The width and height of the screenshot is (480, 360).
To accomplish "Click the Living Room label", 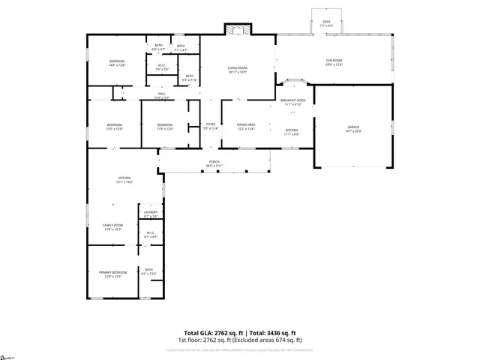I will [238, 69].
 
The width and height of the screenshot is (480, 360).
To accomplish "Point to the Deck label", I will [326, 22].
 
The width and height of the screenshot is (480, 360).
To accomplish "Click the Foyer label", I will [211, 124].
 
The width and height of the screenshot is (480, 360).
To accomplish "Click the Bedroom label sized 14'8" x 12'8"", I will [116, 61].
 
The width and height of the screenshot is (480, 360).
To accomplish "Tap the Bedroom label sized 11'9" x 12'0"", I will [164, 124].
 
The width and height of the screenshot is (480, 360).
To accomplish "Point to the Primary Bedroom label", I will [112, 272].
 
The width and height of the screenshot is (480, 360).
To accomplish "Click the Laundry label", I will [150, 213].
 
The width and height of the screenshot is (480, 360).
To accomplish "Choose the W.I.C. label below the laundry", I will [150, 232].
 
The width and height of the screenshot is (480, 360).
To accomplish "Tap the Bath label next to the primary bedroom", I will [148, 270].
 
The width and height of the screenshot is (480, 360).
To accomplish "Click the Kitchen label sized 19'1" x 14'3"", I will [124, 178].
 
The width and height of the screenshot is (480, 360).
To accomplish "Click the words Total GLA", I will [199, 332].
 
